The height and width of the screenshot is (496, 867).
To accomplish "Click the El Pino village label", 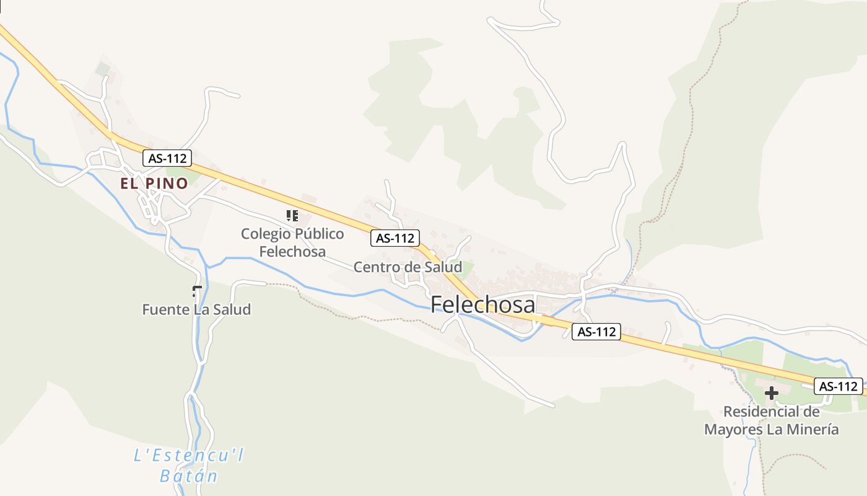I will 154,184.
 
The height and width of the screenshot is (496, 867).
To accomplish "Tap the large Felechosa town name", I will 482,304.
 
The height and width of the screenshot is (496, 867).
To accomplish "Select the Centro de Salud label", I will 407,267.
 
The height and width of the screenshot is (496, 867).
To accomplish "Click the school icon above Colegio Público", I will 292,216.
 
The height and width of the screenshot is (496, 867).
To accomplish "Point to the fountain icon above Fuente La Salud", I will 198,290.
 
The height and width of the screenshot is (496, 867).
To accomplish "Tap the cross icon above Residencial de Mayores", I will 771,392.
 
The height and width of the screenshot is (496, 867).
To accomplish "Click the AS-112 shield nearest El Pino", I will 167,158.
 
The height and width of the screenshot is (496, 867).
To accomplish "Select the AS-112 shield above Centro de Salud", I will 395,238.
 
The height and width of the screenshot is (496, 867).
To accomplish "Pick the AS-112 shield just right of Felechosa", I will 596,332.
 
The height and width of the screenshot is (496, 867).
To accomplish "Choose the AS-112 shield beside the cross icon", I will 838,386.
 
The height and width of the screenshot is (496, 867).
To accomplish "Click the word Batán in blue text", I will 189,476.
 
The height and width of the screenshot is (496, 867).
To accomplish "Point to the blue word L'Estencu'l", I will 189,456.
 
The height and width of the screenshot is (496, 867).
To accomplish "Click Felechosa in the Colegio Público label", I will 292,252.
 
